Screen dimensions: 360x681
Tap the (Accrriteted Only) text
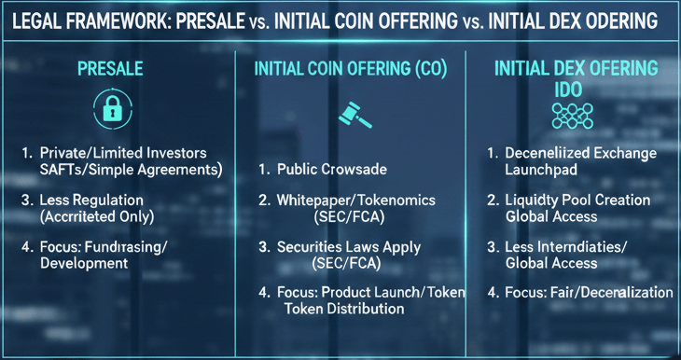click(x=102, y=216)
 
